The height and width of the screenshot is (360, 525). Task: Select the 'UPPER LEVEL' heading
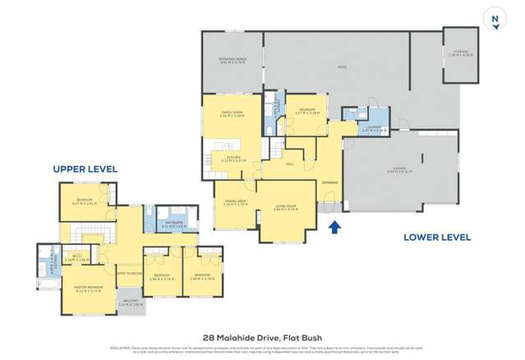[x=85, y=168]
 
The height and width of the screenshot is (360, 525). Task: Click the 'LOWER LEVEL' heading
[x=436, y=237]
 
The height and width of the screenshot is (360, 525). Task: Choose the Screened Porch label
[x=233, y=60]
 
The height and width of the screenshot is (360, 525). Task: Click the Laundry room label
[x=374, y=129]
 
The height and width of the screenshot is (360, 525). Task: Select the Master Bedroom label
[x=87, y=288]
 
